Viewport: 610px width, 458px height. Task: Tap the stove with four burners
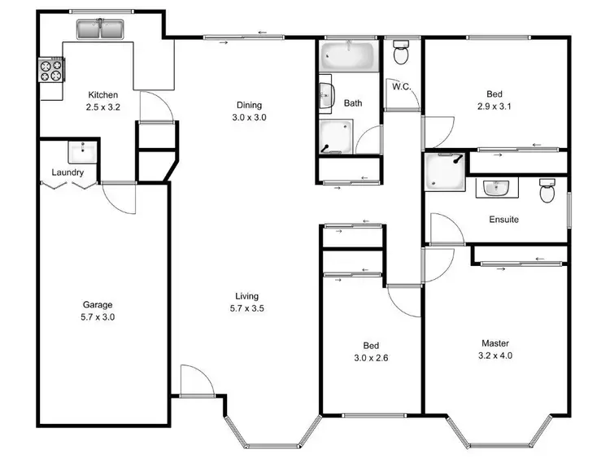pos(51,71)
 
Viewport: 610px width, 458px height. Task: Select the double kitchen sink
pos(98,30)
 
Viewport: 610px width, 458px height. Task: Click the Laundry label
pos(68,172)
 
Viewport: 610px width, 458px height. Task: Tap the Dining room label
pos(249,105)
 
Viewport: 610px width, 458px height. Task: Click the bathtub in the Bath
pos(348,56)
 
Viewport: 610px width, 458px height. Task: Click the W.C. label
pos(399,86)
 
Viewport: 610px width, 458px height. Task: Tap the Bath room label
pos(353,103)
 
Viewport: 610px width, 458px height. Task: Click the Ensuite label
pos(503,220)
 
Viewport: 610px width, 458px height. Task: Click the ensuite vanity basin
pos(496,189)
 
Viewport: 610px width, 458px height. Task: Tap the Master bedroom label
pos(495,343)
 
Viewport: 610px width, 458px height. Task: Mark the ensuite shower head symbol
pos(457,159)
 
